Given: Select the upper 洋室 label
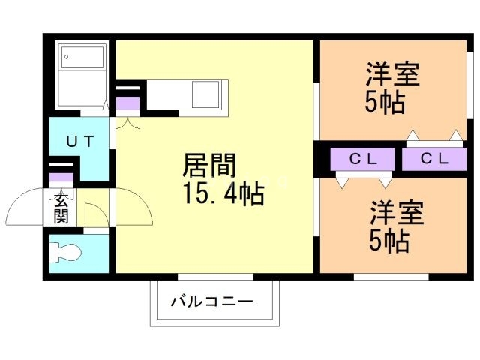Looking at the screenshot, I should (392, 75).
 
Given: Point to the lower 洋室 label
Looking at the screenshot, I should (396, 213).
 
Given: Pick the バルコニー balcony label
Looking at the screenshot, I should (211, 301).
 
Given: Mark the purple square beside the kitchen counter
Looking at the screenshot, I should (127, 103).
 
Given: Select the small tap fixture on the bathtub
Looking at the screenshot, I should (65, 56).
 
